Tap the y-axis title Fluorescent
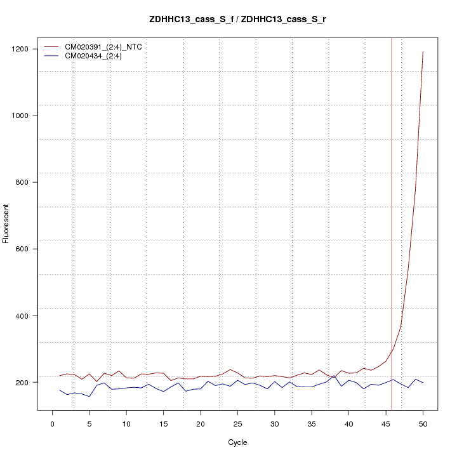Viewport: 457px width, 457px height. coord(6,223)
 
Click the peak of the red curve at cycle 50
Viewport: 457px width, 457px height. coord(423,51)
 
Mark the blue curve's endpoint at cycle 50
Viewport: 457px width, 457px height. coord(423,383)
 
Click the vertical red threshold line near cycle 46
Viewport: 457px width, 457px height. coord(392,222)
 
